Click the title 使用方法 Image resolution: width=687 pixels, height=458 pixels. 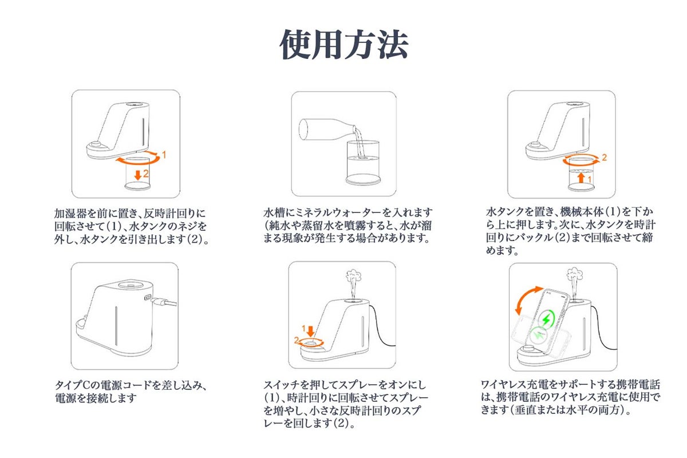(343, 44)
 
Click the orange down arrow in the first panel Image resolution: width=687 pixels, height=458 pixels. (138, 175)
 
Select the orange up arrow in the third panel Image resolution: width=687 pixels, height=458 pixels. (581, 178)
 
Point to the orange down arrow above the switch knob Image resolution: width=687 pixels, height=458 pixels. (311, 331)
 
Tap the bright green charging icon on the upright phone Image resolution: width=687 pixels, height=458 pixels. (547, 319)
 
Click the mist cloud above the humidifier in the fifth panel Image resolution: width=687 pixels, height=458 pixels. (353, 276)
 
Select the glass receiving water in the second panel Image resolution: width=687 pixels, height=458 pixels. (363, 163)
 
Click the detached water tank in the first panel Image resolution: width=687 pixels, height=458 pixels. (137, 173)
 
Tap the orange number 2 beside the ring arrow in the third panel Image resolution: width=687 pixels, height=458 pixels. (604, 157)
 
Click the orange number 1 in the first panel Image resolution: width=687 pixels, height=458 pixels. (164, 155)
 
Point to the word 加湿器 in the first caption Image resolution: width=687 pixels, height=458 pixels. (70, 213)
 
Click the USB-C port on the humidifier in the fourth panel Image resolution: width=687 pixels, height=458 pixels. (148, 297)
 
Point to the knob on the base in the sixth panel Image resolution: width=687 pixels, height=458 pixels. (528, 349)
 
